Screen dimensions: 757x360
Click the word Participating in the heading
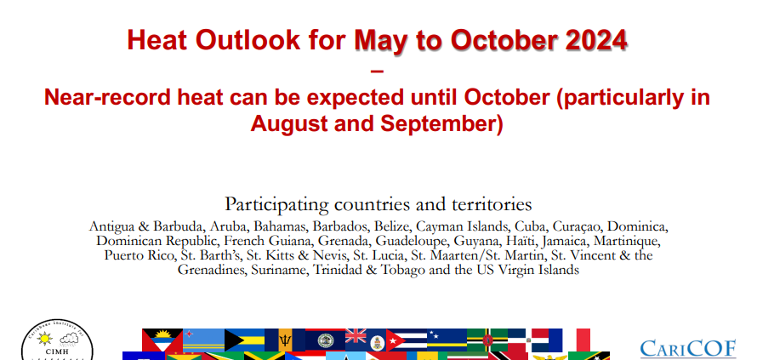tap(276, 205)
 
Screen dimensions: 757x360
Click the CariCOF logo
tap(688, 349)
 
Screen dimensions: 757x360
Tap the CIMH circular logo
tap(58, 341)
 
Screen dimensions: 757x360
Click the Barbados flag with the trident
tap(285, 340)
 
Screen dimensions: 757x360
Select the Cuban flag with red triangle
tap(406, 340)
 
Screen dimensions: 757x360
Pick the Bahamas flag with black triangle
tap(244, 340)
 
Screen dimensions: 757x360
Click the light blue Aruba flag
tap(204, 340)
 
